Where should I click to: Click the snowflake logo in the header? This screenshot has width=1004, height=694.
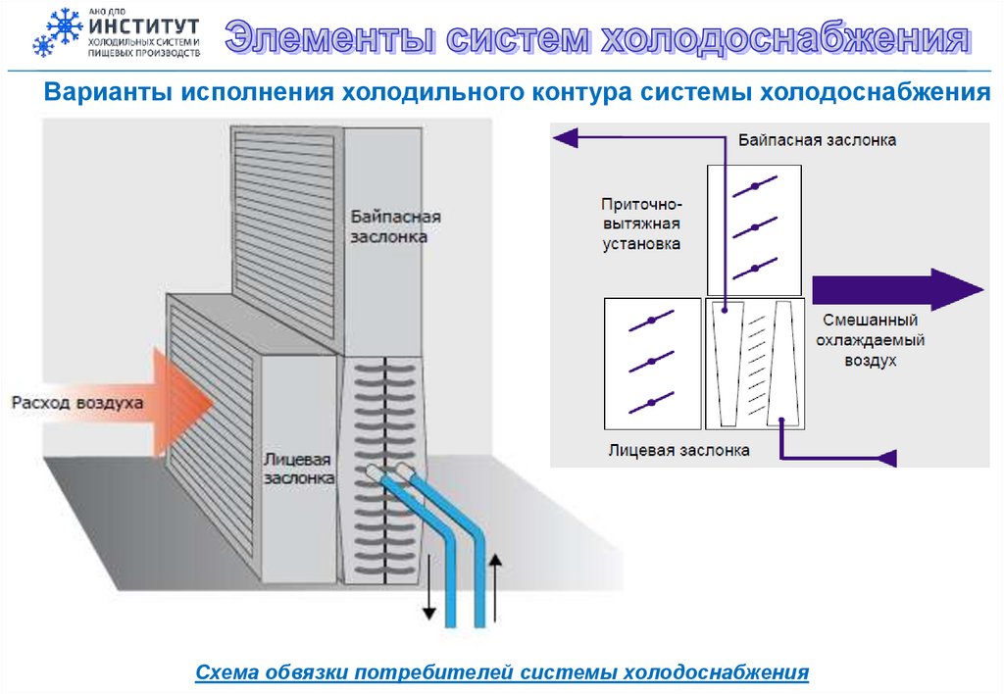click(57, 32)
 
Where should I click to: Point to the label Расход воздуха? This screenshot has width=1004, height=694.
click(77, 402)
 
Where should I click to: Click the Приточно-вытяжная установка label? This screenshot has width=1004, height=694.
click(641, 224)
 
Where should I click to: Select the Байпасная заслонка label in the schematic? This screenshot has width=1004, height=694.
click(817, 140)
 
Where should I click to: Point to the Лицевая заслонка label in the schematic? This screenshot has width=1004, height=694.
click(678, 451)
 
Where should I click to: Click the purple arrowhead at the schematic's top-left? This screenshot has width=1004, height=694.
click(563, 138)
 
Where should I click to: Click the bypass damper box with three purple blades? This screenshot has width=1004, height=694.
click(754, 228)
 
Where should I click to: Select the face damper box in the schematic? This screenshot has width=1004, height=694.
click(651, 362)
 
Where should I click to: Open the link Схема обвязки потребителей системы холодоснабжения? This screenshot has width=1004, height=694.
click(502, 672)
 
